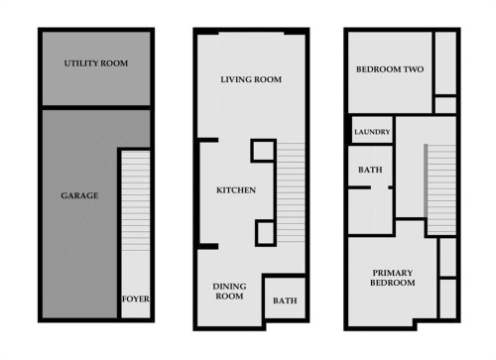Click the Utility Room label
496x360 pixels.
[x=96, y=63]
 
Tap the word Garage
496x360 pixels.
[x=80, y=195]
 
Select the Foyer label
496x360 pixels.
[x=134, y=300]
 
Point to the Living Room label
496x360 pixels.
[x=251, y=79]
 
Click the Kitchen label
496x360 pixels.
[x=237, y=189]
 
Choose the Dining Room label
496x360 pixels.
[x=229, y=291]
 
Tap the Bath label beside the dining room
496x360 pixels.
[x=285, y=300]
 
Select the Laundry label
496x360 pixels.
[x=372, y=132]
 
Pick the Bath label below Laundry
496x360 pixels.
[x=370, y=171]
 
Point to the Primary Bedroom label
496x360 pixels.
[x=392, y=278]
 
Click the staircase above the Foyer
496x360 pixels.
[x=134, y=218]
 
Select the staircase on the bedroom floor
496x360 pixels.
[x=441, y=188]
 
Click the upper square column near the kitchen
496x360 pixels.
[x=263, y=151]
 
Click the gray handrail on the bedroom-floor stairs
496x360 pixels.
[x=428, y=188]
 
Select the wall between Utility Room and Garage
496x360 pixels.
[x=96, y=108]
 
